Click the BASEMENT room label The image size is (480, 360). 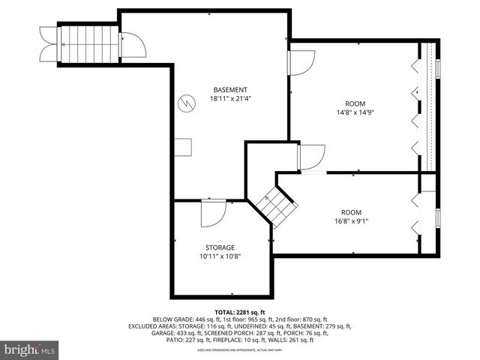click(x=229, y=90)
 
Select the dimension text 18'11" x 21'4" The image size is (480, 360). click(x=229, y=98)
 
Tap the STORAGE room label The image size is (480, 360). click(x=220, y=247)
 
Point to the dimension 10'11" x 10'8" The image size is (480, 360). click(x=220, y=256)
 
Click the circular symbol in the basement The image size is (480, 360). click(x=185, y=103)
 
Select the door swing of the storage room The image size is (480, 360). click(x=212, y=214)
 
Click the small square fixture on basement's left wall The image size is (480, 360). click(x=182, y=148)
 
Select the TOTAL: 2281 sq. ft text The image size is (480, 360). click(x=240, y=312)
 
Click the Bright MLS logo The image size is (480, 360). click(x=29, y=349)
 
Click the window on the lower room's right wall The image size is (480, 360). click(x=438, y=217)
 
